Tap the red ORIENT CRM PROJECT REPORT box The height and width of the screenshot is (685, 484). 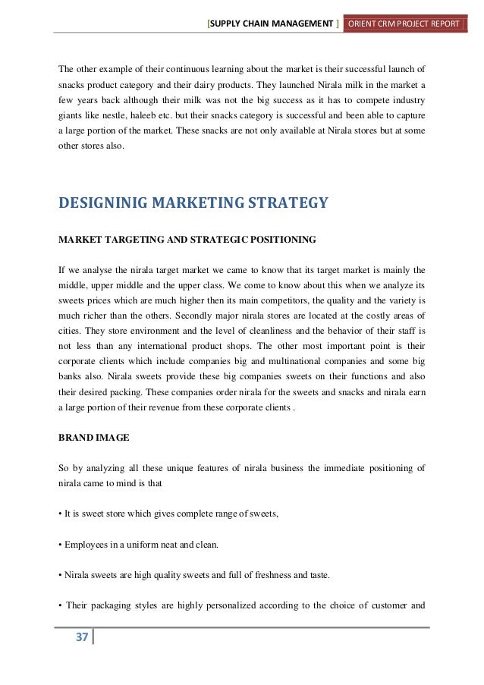(405, 24)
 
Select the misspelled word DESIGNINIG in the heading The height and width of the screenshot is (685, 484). (105, 203)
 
